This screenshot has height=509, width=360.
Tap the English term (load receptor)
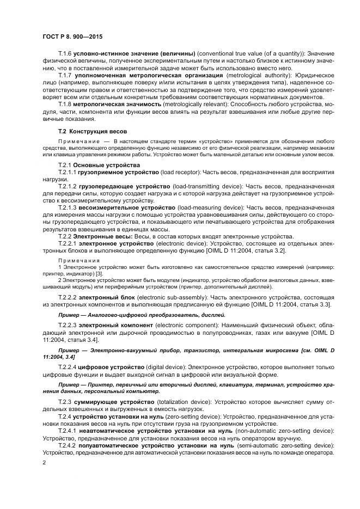(177, 171)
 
